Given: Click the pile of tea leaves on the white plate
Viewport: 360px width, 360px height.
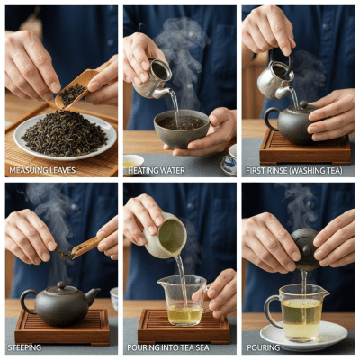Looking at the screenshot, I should (x=64, y=133).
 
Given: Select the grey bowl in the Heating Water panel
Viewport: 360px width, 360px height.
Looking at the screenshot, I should (x=181, y=129).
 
